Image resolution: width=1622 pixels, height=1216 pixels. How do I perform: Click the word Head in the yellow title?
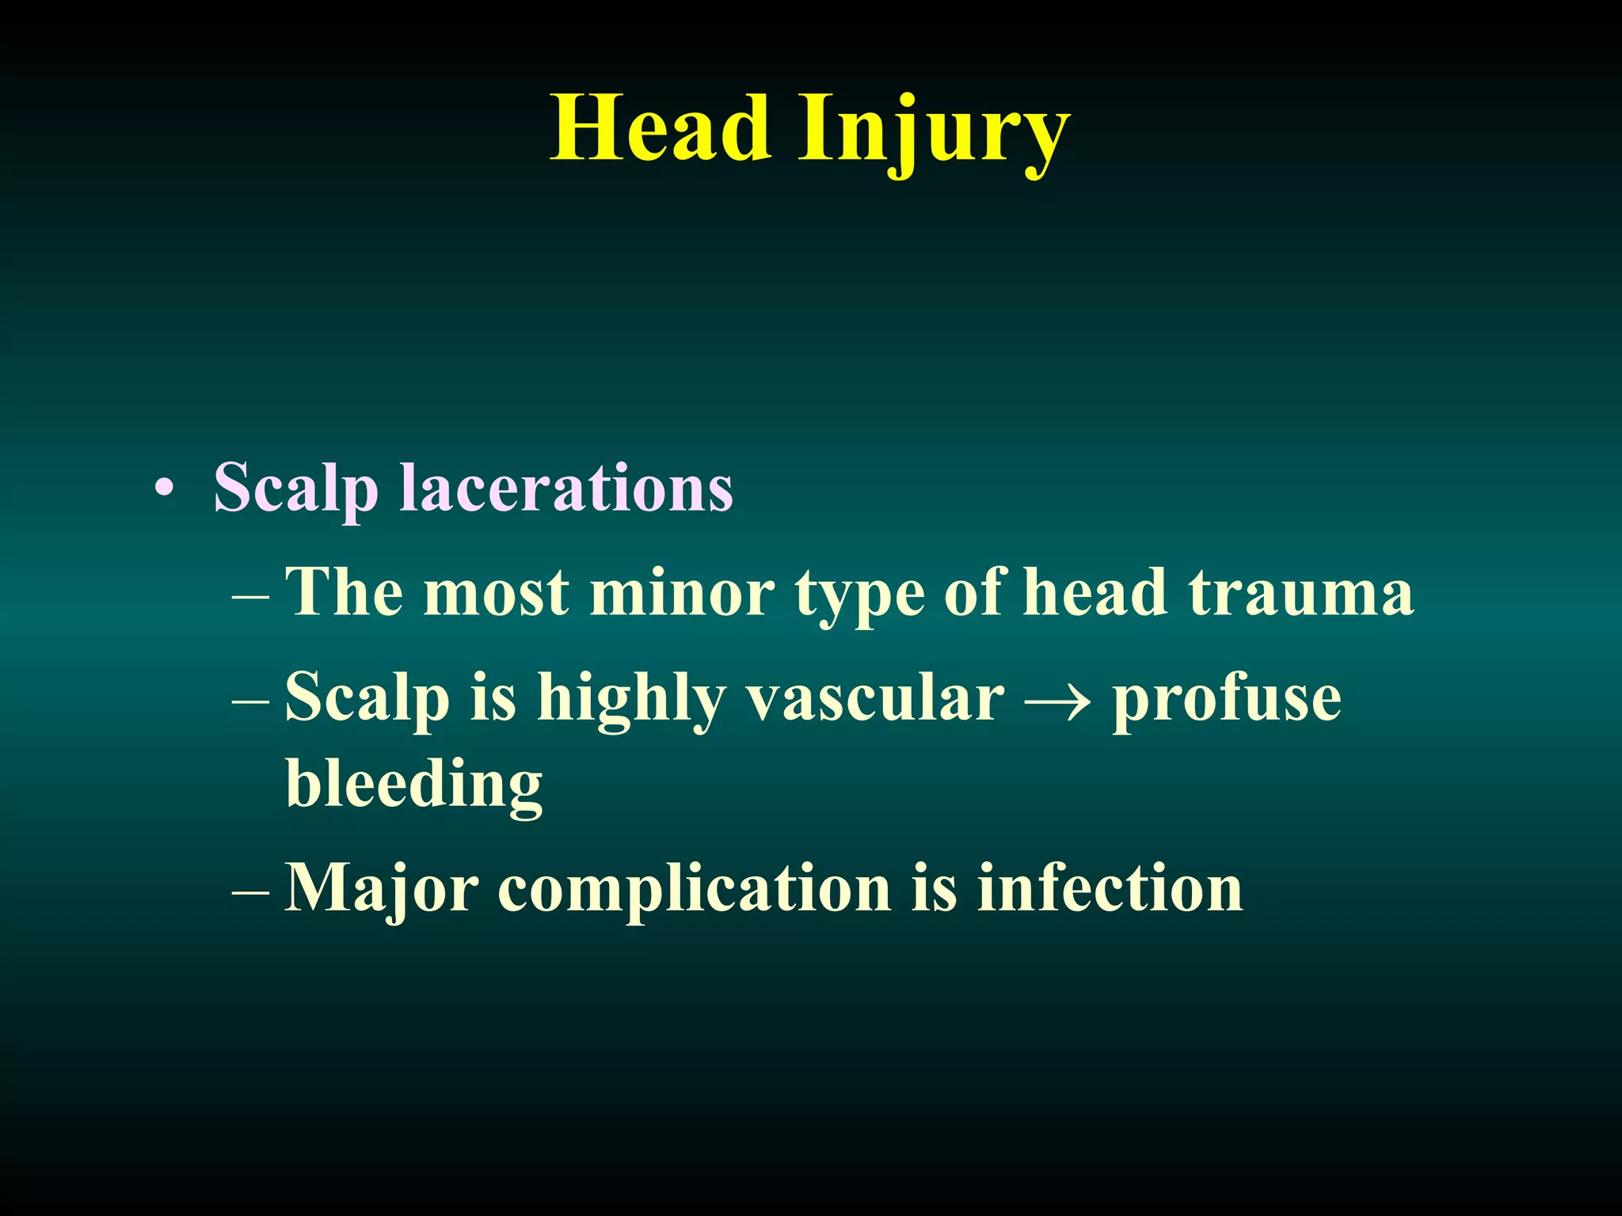pos(661,128)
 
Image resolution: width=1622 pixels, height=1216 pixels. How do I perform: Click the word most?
pos(497,592)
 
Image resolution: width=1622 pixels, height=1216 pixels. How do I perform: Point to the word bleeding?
pos(414,785)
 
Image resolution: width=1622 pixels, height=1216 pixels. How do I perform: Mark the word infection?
pos(1110,887)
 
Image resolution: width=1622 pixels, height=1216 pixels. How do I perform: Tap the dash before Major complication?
pos(251,892)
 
